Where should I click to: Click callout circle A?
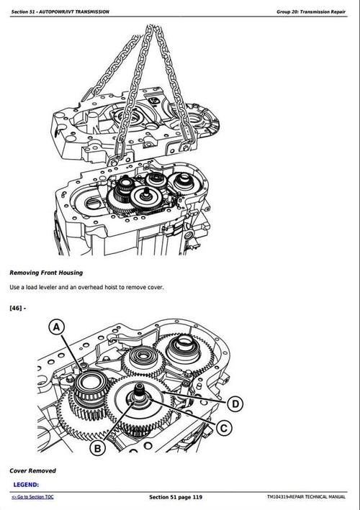pyautogui.click(x=56, y=328)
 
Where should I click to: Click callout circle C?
pyautogui.click(x=225, y=428)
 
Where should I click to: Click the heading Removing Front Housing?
pyautogui.click(x=45, y=273)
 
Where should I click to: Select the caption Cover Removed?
pyautogui.click(x=32, y=470)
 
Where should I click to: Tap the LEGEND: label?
pyautogui.click(x=26, y=485)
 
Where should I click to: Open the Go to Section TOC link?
pyautogui.click(x=32, y=497)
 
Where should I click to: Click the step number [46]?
pyautogui.click(x=17, y=308)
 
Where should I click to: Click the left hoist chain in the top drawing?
pyautogui.click(x=119, y=79)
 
